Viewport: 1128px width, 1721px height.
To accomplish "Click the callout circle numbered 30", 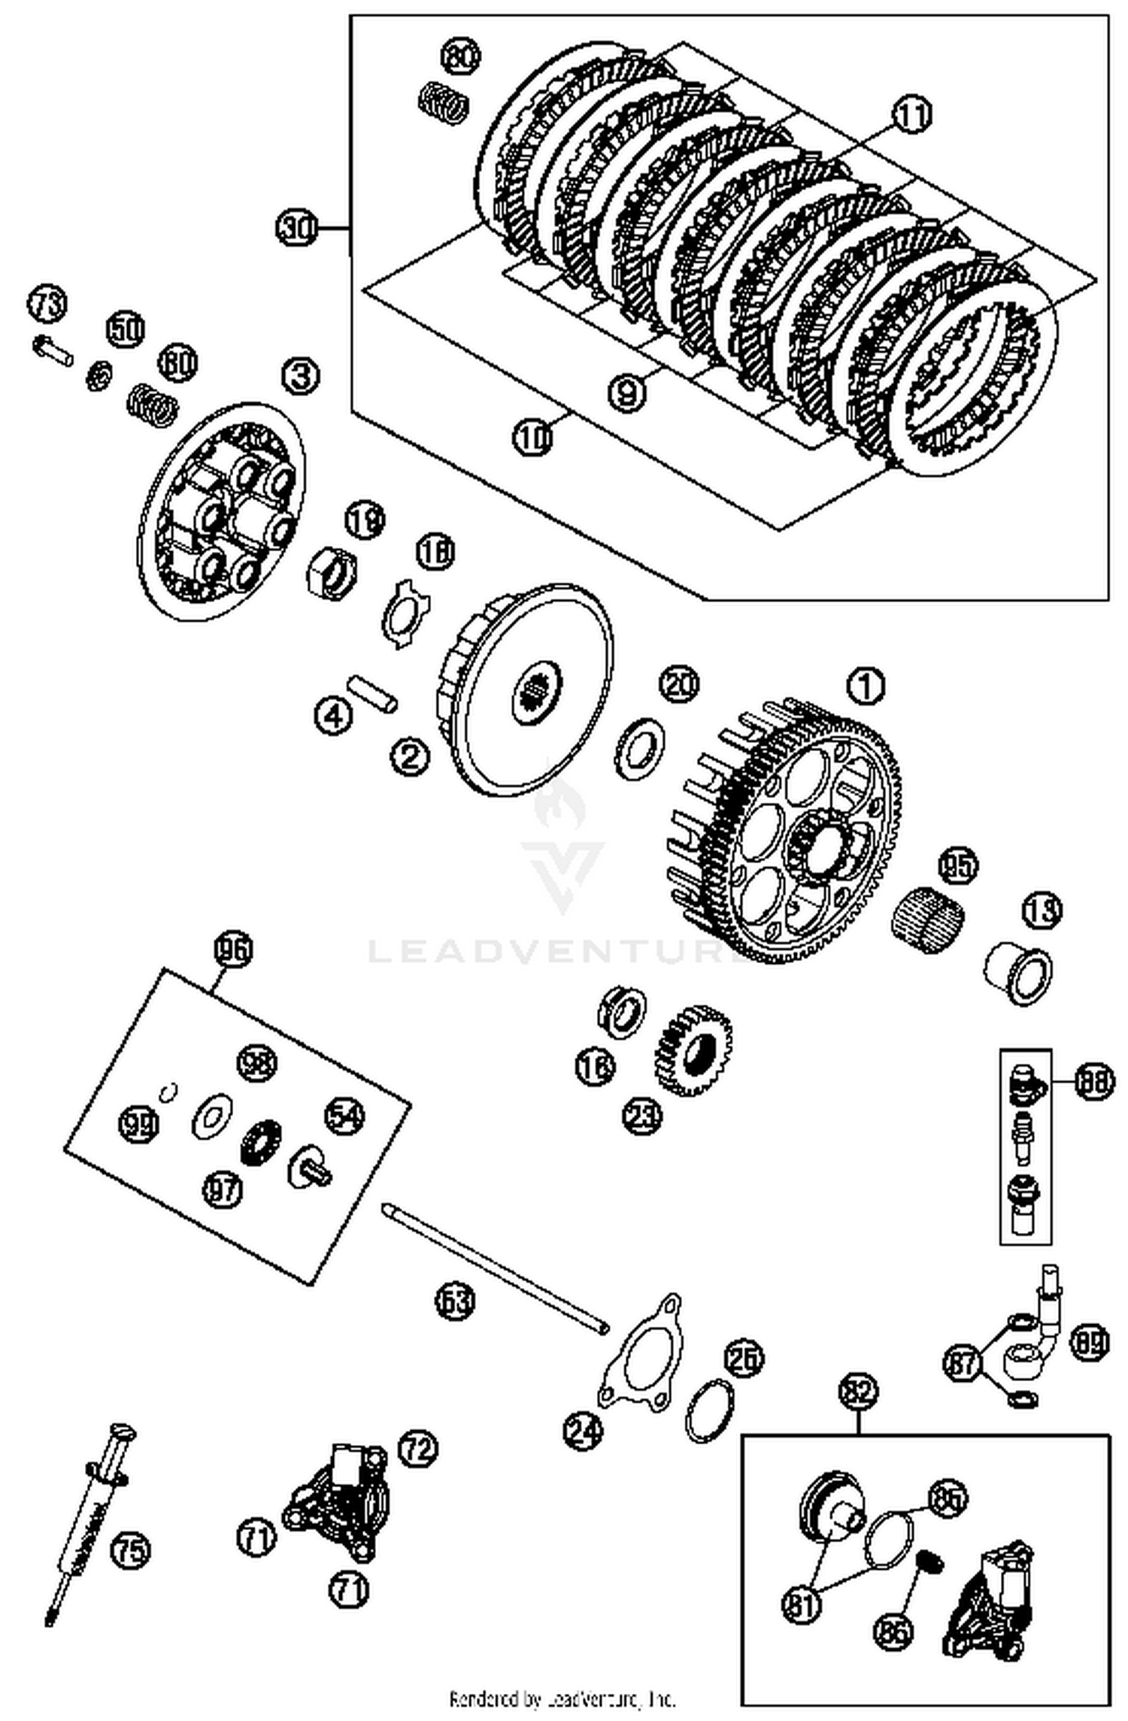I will tap(297, 227).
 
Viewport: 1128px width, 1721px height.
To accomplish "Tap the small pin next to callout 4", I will tap(372, 692).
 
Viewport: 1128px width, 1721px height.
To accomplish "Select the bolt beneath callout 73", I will tap(53, 349).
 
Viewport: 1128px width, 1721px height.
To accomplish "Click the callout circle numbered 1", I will tap(866, 685).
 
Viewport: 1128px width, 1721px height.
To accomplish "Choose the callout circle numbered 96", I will tap(232, 950).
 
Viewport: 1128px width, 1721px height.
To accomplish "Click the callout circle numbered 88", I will tap(1093, 1083).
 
